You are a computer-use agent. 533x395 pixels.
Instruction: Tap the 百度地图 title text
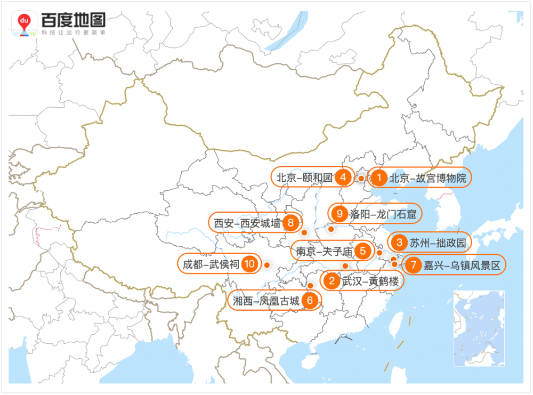[73, 20]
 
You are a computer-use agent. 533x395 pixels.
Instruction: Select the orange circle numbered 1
[378, 178]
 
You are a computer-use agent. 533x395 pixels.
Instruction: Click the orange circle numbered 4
[343, 178]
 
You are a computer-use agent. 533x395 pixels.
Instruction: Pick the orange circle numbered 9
[340, 214]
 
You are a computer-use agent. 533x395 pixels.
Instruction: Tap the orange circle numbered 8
[290, 223]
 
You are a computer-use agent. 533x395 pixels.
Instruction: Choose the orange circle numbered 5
[362, 250]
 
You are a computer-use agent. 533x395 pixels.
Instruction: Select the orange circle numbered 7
[413, 265]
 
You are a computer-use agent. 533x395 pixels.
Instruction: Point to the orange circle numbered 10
[249, 263]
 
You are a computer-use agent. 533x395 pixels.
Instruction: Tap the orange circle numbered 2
[332, 281]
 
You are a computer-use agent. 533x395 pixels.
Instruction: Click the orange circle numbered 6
[310, 301]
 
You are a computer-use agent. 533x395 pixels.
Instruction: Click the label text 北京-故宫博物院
[428, 178]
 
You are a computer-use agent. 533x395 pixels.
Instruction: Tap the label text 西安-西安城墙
[247, 223]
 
